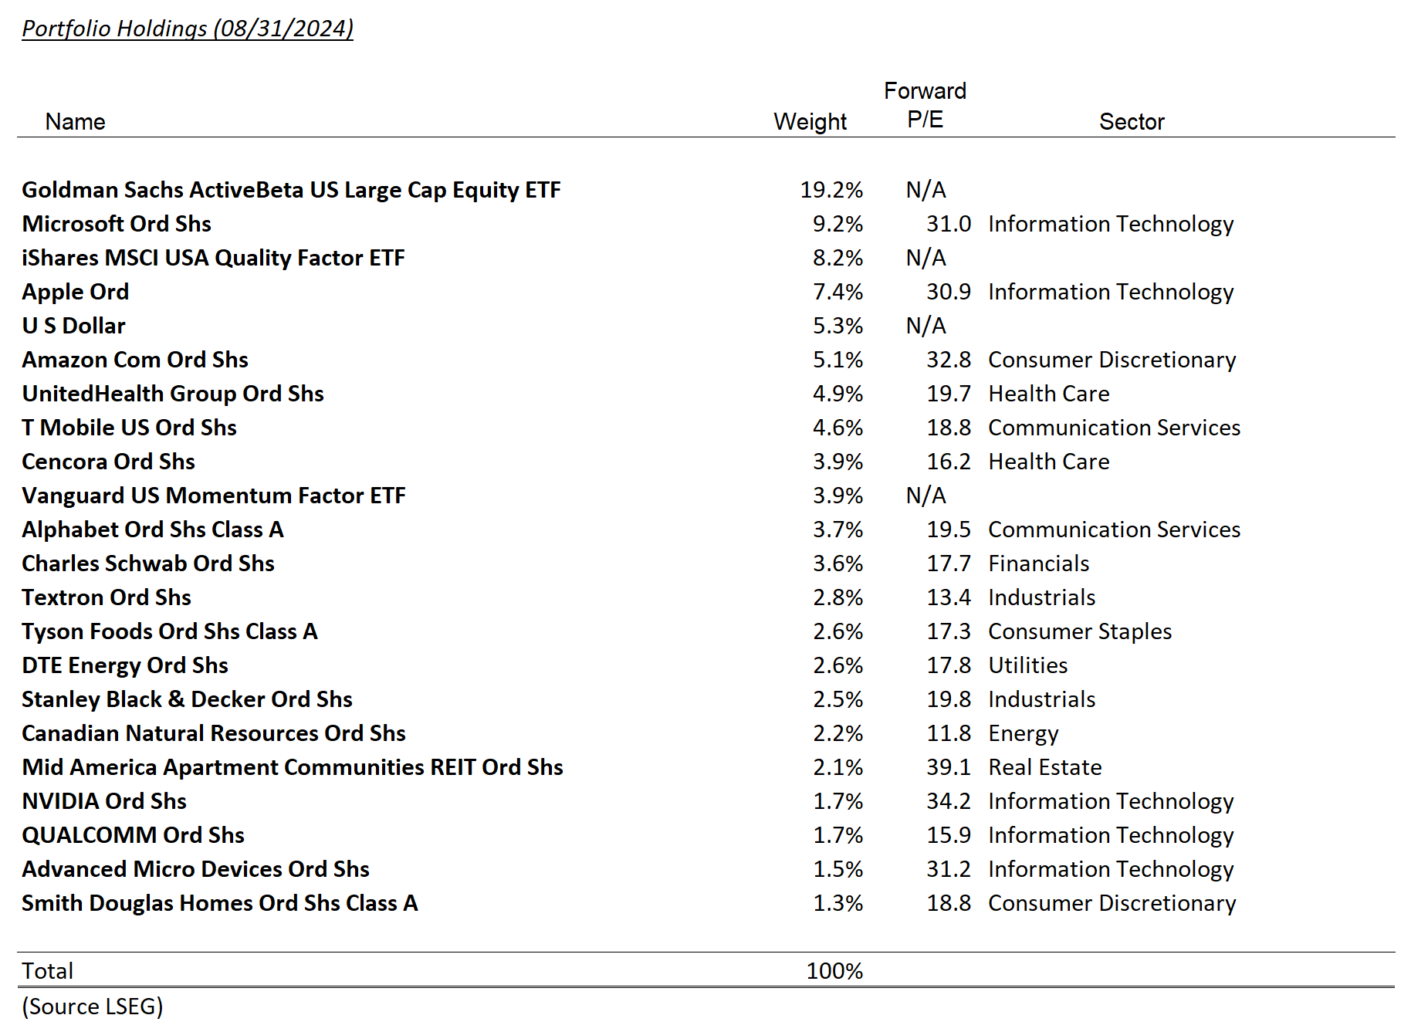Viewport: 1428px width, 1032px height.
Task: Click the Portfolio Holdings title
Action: coord(187,29)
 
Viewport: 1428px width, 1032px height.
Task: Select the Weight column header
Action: coord(810,122)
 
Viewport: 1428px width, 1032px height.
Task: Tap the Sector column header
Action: coord(1131,122)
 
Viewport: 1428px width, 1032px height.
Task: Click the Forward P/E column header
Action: coord(925,106)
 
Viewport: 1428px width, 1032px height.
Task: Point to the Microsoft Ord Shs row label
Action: coord(117,224)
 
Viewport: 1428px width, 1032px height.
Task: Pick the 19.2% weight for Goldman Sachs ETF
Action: coord(831,190)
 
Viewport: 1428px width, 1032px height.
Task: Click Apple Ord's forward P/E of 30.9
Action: coord(948,292)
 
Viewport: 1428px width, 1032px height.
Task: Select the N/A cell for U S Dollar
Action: coord(925,326)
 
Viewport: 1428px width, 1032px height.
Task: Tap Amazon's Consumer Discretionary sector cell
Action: coord(1112,360)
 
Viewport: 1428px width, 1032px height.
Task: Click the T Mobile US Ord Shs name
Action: coord(129,428)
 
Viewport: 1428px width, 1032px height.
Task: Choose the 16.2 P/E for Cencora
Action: coord(948,462)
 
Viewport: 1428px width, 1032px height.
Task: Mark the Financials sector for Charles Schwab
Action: coord(1038,563)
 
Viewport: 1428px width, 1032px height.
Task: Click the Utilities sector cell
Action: coord(1027,665)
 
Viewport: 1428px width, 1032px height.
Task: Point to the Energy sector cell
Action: coord(1023,733)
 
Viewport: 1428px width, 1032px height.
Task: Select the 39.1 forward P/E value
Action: coord(948,767)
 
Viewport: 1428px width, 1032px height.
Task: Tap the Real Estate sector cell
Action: coord(1044,767)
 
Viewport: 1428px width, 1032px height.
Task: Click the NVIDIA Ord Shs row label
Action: coord(104,801)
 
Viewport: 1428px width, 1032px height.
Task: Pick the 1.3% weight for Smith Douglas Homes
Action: coord(838,903)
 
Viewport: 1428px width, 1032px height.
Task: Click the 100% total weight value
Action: coord(834,971)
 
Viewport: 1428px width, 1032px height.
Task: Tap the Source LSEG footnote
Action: coord(93,1007)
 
